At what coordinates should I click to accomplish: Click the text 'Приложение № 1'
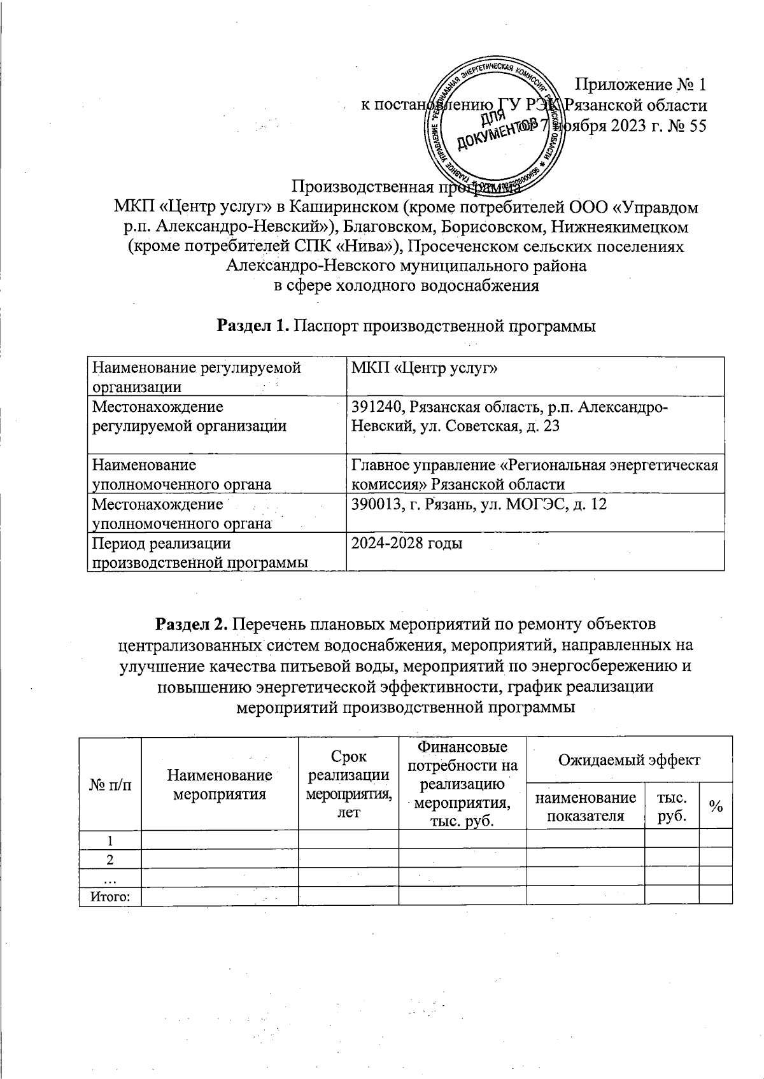[640, 84]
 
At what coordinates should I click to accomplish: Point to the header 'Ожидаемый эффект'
[628, 759]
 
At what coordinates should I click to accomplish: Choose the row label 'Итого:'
[109, 896]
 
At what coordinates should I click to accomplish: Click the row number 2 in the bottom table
[110, 859]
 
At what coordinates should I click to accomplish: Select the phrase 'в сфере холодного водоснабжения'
[406, 285]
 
